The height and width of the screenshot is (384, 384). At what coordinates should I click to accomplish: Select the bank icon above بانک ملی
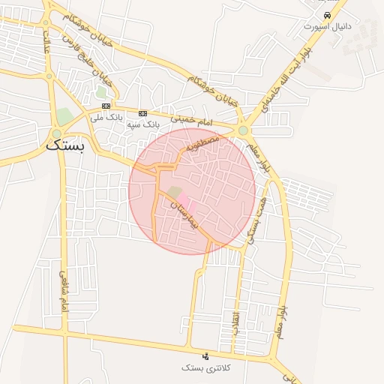[106, 106]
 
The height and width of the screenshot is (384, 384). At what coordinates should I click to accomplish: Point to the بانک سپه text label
[142, 123]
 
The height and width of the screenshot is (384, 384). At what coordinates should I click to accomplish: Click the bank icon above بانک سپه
[142, 112]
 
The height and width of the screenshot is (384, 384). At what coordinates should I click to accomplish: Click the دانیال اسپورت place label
[327, 26]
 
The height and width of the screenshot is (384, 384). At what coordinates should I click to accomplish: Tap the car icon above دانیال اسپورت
[327, 15]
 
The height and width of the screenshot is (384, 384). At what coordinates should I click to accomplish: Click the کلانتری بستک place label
[206, 368]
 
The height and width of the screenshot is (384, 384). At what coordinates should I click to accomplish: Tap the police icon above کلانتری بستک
[206, 355]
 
